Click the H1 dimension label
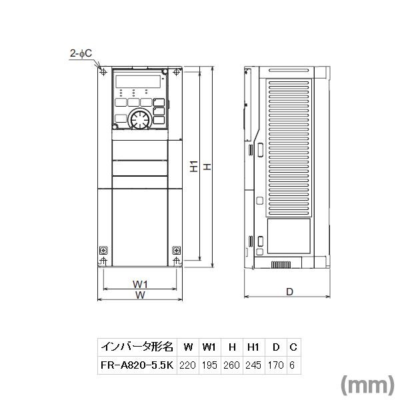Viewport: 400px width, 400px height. coord(193,167)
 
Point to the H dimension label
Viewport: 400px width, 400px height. coord(207,167)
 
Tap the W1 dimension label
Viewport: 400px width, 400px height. coord(140,285)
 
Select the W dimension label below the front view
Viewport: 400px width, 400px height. coord(140,295)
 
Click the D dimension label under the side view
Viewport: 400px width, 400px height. coord(289,291)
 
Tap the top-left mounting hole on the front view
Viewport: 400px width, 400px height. coord(103,72)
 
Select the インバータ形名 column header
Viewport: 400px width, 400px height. coord(137,347)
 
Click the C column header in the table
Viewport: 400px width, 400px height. coord(293,347)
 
